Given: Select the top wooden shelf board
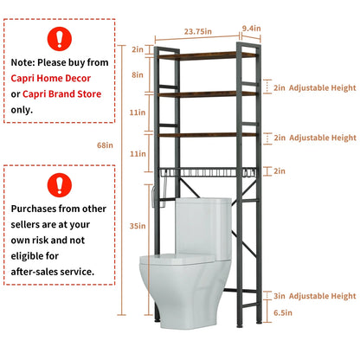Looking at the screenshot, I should point(208,55).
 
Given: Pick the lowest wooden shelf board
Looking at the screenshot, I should point(208,135).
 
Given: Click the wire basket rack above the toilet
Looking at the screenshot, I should point(208,176).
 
